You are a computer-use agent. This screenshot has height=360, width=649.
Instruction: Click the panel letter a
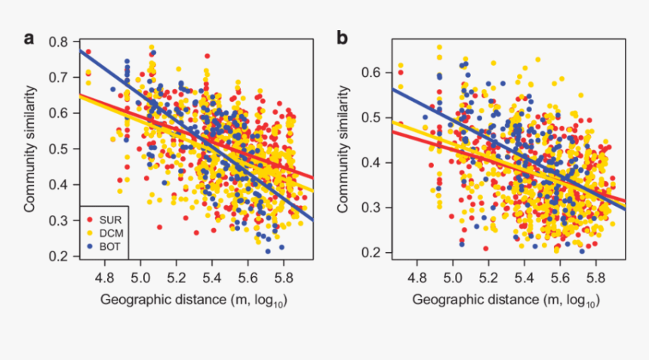point(29,38)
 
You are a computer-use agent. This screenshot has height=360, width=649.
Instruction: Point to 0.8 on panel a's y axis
point(60,42)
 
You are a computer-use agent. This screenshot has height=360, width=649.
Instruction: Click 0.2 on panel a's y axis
point(60,257)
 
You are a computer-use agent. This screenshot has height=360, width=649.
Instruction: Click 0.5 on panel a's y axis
point(60,149)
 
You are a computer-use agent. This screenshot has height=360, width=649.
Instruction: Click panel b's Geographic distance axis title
point(506,300)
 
